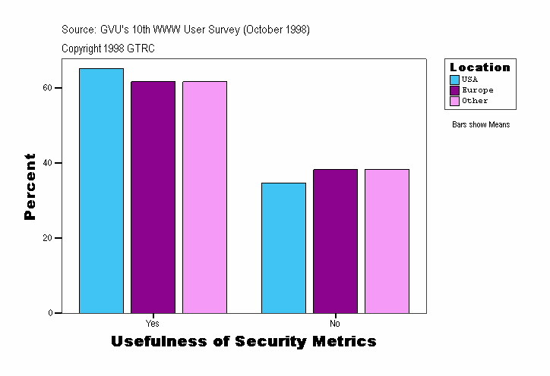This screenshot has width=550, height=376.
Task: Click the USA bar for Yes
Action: (x=101, y=190)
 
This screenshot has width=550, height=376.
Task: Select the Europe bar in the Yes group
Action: (x=153, y=197)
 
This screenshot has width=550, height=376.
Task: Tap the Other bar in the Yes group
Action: (x=204, y=197)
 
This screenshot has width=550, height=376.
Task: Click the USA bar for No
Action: (x=283, y=248)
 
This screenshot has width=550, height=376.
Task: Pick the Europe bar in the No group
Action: (x=335, y=241)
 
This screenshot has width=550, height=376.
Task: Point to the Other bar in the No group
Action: (x=387, y=241)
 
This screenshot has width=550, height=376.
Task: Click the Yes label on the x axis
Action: (x=152, y=324)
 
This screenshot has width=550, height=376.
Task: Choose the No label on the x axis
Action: (x=335, y=324)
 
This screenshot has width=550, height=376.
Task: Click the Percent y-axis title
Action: (x=30, y=186)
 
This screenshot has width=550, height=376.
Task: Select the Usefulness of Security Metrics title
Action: (x=243, y=342)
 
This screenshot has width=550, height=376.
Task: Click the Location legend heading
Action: (x=480, y=67)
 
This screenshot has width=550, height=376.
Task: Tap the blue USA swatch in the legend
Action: (x=455, y=80)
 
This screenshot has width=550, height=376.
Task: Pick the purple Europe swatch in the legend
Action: (x=455, y=90)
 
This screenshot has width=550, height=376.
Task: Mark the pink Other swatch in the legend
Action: (x=455, y=101)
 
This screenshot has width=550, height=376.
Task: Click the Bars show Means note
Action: (x=481, y=125)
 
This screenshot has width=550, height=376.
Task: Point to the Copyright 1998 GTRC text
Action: (x=109, y=49)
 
